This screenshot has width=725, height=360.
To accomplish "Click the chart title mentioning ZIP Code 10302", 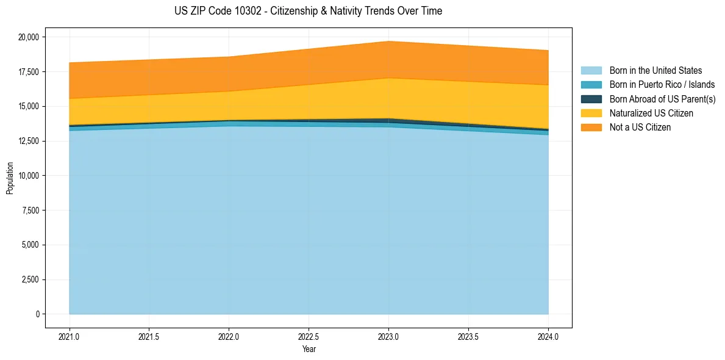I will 309,11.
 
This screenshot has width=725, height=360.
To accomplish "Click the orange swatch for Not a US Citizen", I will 591,128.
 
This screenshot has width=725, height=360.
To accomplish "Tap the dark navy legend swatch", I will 591,99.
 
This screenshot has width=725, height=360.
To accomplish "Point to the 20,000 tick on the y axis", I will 29,37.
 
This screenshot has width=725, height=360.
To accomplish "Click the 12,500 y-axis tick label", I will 29,141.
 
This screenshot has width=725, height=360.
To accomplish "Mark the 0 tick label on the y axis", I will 37,314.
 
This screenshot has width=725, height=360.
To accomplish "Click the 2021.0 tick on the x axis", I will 70,336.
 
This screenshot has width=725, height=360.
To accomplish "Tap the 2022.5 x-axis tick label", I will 309,336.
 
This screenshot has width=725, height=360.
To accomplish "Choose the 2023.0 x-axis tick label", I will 388,336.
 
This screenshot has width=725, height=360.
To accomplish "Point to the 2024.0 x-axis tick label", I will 548,336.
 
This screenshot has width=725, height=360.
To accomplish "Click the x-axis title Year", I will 309,349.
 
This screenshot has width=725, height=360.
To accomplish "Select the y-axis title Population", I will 10,178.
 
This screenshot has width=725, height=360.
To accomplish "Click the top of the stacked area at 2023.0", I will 388,41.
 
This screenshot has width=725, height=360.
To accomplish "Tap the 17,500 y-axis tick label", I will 29,72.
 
